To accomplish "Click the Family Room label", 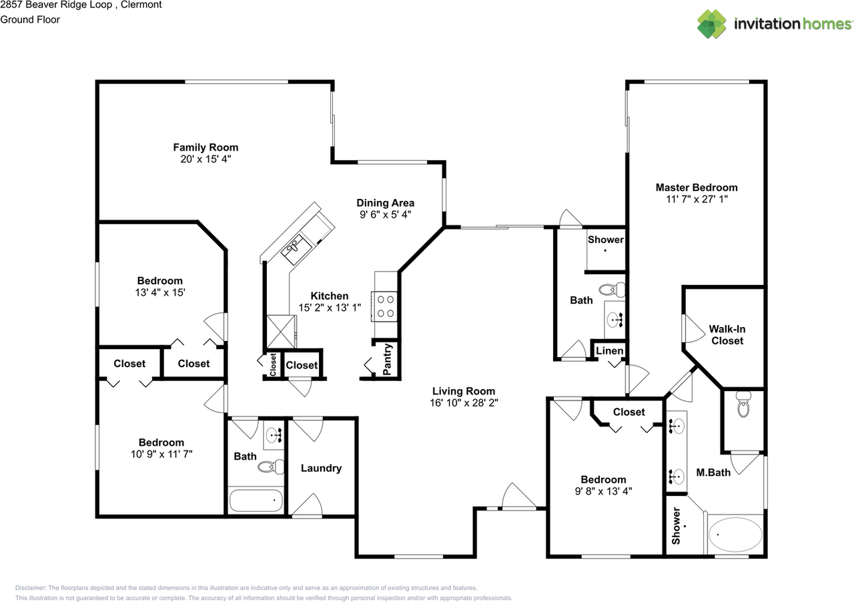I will pos(205,147).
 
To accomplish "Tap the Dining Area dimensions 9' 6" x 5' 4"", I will pos(385,215).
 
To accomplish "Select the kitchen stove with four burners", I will pos(385,306).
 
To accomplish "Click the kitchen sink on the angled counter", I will pos(294,248).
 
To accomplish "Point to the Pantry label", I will pos(388,359).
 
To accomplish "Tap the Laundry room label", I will pos(321,469).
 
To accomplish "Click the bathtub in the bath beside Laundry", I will pos(256,501).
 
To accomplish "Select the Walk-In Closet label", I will pos(727,335).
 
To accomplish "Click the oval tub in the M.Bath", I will pos(735,535).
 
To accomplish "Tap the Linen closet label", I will pos(609,351).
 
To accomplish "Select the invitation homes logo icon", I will pos(713,24).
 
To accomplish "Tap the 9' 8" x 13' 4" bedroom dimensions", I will pos(603,492).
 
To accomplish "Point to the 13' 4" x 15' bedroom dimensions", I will pos(160,293).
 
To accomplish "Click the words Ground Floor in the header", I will pos(30,19).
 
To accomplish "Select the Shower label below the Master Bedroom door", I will pos(605,240).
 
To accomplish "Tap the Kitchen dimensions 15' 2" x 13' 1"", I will pos(330,308).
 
